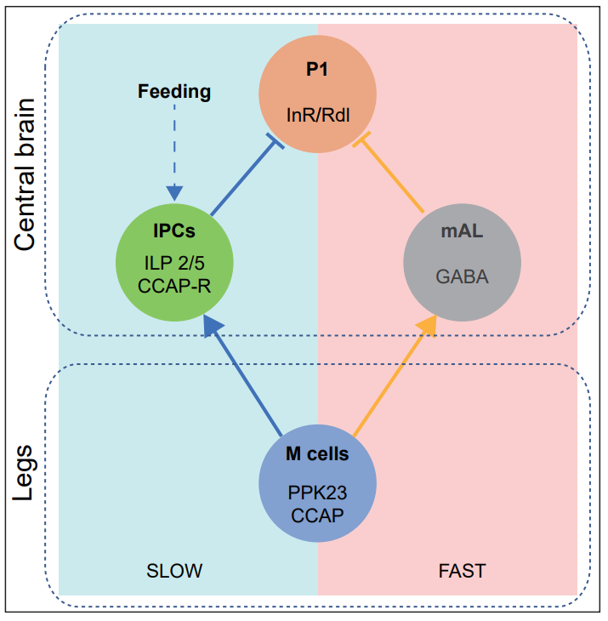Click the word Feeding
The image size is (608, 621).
pyautogui.click(x=174, y=90)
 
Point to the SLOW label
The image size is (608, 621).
pyautogui.click(x=174, y=570)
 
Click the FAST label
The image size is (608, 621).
pyautogui.click(x=463, y=570)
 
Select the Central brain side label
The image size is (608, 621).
pyautogui.click(x=26, y=174)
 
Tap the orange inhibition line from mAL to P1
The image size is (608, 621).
pyautogui.click(x=393, y=174)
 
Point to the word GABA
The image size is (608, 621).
pyautogui.click(x=462, y=276)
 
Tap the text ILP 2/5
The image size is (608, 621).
pyautogui.click(x=173, y=265)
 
